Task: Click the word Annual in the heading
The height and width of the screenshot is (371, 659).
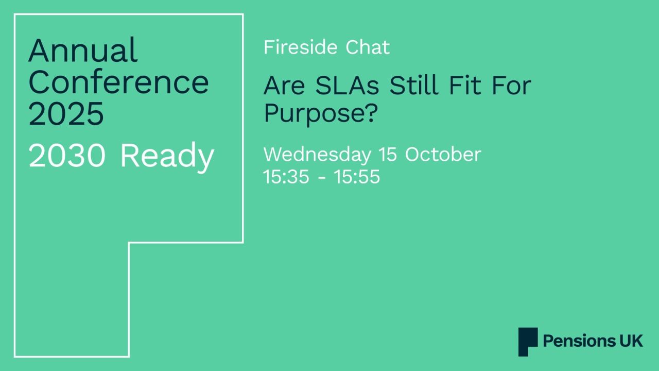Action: (x=83, y=50)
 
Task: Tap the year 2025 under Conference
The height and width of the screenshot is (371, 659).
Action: (x=66, y=114)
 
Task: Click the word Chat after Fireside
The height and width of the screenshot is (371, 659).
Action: (x=368, y=47)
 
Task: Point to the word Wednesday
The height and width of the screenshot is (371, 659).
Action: (x=317, y=155)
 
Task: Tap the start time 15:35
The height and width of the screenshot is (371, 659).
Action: (x=286, y=177)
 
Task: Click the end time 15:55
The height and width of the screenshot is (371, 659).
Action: (x=357, y=177)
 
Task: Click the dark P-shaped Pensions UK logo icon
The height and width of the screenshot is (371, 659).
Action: (x=528, y=341)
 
